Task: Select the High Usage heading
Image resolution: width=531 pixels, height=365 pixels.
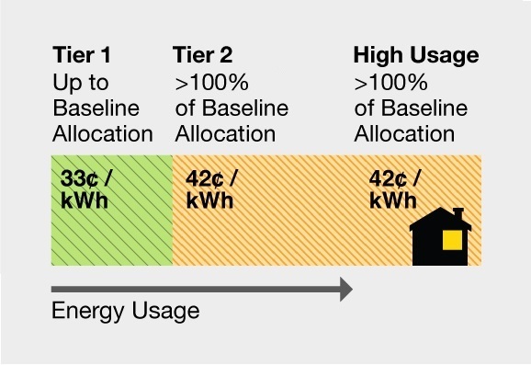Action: coord(416,57)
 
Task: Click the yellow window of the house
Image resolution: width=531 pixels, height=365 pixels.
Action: coord(451,240)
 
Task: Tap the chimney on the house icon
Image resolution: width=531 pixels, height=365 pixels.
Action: coord(458,214)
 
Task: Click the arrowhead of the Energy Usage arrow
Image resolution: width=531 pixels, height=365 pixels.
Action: coord(345,290)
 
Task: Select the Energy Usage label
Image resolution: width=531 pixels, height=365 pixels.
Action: coord(125,311)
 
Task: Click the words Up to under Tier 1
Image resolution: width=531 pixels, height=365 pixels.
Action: coord(81,84)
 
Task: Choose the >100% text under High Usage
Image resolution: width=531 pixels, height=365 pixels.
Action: coord(390,84)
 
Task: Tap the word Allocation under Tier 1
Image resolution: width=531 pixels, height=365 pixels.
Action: coord(102,133)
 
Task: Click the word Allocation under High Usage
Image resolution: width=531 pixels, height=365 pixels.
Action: coord(404,133)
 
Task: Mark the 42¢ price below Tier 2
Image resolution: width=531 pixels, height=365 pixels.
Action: coord(210,178)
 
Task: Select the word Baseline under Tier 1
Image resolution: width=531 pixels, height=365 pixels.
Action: coord(96,108)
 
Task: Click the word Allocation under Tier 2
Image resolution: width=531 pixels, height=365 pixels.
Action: coord(225,133)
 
